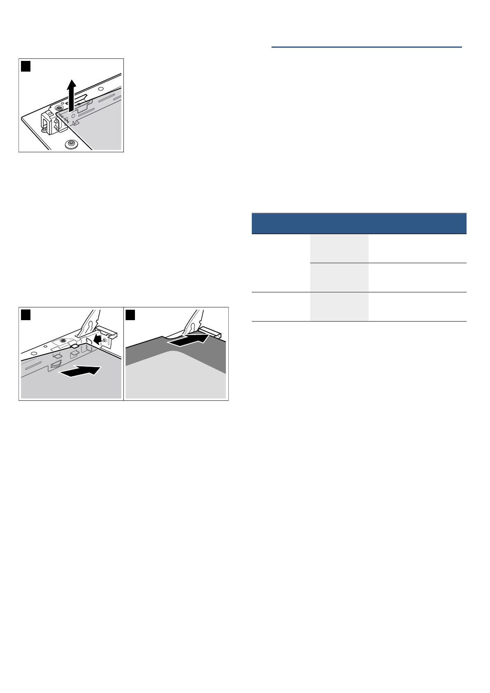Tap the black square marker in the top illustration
pos(26,66)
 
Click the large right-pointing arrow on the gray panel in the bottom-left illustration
pos(80,371)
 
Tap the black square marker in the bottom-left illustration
pos(26,315)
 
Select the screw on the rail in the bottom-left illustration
pos(63,341)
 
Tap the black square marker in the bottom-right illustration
pos(130,315)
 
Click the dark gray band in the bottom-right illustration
pos(144,354)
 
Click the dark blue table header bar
pos(359,224)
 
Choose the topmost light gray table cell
pos(339,249)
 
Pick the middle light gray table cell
pos(339,277)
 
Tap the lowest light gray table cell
pos(339,307)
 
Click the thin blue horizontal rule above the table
pos(366,47)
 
